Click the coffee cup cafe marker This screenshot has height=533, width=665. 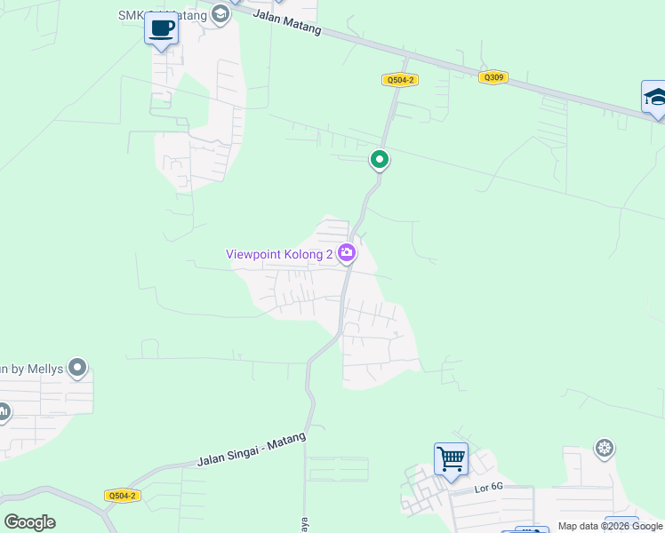[x=161, y=28]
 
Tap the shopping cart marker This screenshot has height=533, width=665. [x=451, y=459]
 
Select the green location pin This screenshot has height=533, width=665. [x=380, y=160]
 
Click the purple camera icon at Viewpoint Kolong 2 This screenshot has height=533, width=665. [x=347, y=254]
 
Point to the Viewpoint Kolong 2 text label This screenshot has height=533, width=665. [x=279, y=254]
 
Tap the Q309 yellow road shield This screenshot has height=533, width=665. [x=493, y=77]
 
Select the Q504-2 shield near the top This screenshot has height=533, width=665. [x=400, y=80]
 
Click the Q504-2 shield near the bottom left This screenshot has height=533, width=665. [x=122, y=496]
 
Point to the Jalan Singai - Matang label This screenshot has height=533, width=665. [x=252, y=449]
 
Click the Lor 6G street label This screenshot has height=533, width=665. [x=463, y=488]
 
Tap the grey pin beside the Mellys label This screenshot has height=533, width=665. [x=77, y=367]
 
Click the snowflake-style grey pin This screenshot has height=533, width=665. [x=605, y=447]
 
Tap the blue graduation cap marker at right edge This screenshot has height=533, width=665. [x=655, y=97]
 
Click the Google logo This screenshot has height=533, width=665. [x=29, y=522]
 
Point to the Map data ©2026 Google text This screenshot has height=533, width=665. [x=610, y=526]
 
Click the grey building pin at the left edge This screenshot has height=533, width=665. [x=3, y=410]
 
